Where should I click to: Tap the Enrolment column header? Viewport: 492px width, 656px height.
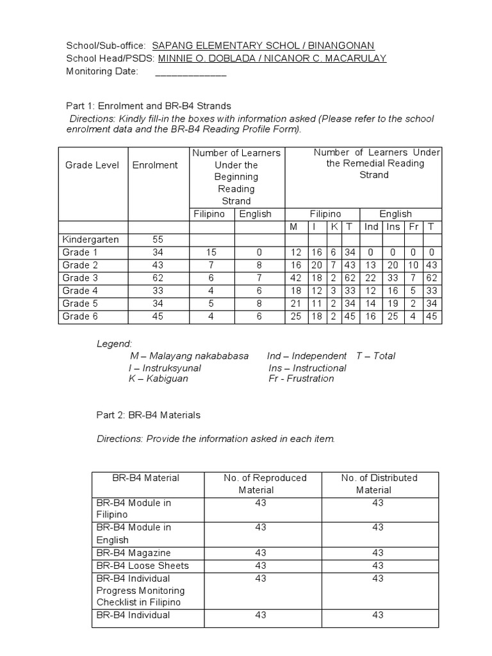tap(154, 165)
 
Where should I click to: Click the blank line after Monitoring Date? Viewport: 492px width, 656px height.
tap(190, 72)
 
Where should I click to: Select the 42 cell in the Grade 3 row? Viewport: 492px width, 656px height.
tap(295, 278)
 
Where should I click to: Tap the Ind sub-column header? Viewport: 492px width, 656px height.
tap(371, 227)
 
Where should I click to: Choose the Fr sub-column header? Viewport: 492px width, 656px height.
tap(414, 227)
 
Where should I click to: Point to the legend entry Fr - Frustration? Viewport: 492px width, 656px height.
tap(301, 379)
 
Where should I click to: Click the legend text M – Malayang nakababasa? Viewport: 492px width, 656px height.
tap(188, 356)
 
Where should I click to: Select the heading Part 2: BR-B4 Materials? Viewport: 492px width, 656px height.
tap(148, 415)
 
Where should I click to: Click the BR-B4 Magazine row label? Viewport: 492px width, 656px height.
tap(133, 553)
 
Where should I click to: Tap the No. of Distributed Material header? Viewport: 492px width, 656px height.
tap(379, 484)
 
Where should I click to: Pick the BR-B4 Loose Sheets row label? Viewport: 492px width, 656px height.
tap(142, 566)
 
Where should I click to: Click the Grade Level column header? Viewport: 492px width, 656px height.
tap(92, 165)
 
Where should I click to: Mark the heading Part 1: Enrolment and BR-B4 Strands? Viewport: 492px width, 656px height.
tap(149, 106)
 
